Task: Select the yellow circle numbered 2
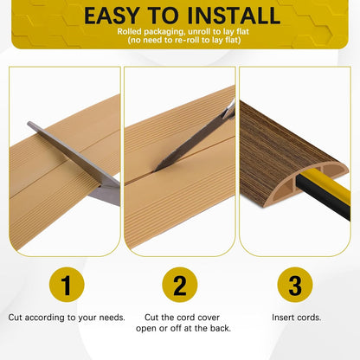[x=179, y=285]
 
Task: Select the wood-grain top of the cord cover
[x=286, y=138]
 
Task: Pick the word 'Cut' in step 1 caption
[x=16, y=317]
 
